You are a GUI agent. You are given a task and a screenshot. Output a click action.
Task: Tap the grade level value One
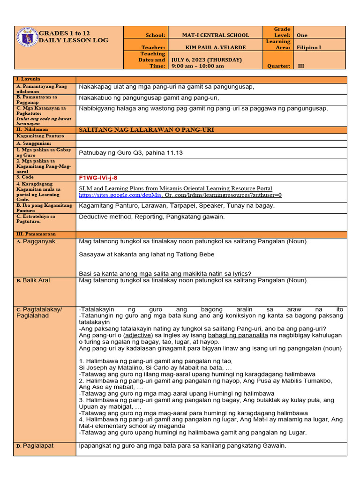coord(302,35)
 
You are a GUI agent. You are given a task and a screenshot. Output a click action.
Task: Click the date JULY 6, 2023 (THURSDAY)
coord(207,60)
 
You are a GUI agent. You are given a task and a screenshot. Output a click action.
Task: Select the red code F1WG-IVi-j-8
coord(98,178)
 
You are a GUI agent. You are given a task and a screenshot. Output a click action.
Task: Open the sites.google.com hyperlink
coord(120,195)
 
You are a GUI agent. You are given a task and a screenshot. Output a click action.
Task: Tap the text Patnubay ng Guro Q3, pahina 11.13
coord(131,152)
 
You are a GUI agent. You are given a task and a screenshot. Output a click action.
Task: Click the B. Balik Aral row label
coord(33,280)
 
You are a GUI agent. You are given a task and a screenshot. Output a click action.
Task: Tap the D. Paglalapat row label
coord(35,446)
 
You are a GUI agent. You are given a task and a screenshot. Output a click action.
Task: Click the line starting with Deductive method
coord(152,217)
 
